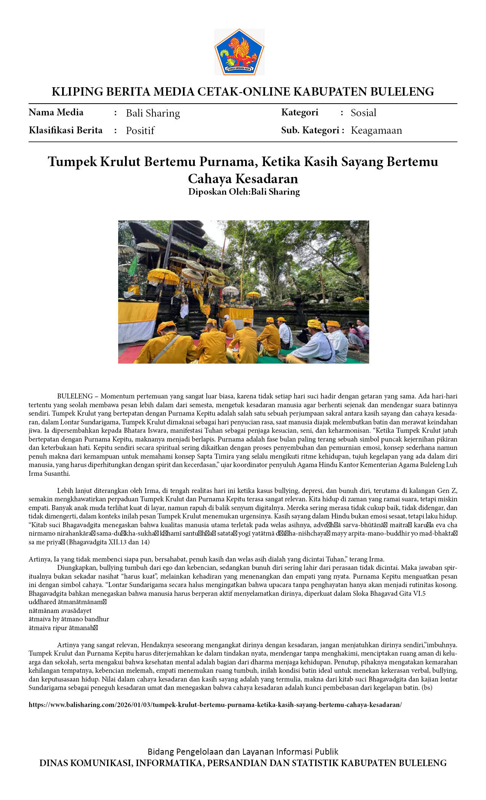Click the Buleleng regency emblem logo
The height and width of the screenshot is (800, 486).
tap(239, 52)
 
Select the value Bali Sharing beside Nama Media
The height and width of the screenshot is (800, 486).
tap(153, 113)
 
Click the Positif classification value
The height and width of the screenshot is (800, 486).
tap(140, 131)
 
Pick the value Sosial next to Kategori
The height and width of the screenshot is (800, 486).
tap(363, 113)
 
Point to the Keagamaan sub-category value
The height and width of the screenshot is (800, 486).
tap(376, 130)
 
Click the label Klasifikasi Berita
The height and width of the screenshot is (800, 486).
tap(66, 130)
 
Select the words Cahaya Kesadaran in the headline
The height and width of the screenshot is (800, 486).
tap(243, 178)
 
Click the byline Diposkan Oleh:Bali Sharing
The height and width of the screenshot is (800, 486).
tap(244, 192)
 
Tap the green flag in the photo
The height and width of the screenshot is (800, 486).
tap(133, 266)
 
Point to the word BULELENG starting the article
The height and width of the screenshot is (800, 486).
tap(75, 396)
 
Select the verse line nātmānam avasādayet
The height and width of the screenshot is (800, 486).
tap(60, 611)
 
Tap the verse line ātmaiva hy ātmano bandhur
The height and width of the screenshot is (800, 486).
tap(69, 619)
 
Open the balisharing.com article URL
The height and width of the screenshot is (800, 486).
tap(215, 705)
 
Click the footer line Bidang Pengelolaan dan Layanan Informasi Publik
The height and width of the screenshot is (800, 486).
tap(243, 752)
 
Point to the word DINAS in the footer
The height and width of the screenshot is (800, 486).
tap(53, 763)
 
